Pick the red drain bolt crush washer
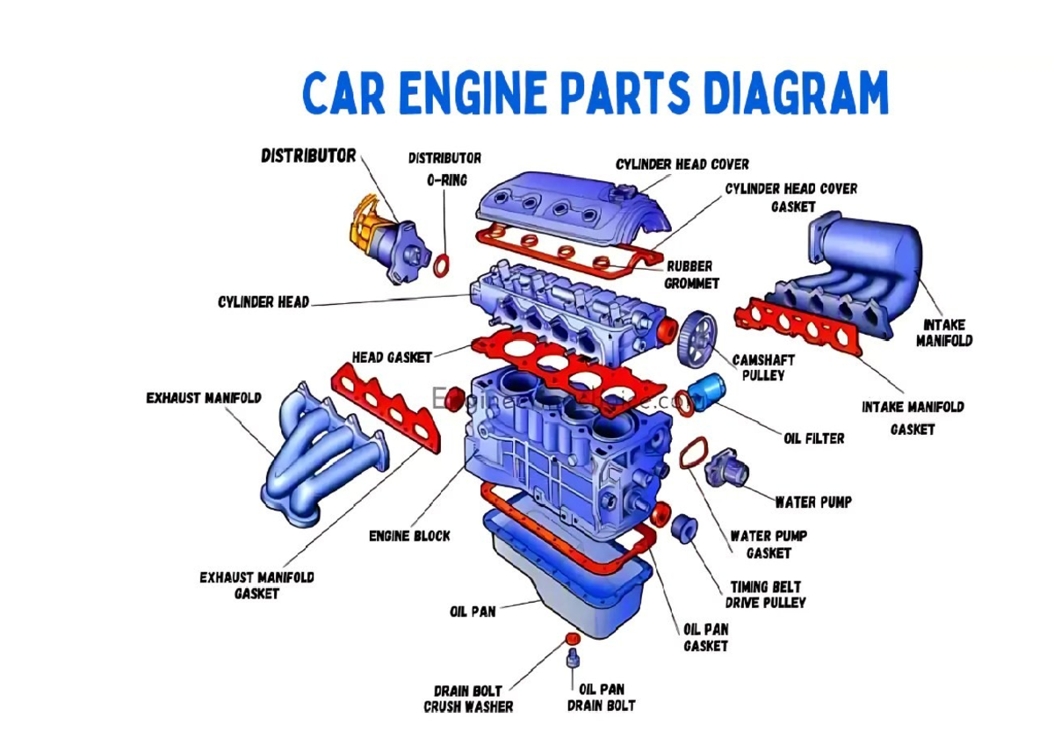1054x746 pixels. click(x=571, y=637)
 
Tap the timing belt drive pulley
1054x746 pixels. click(x=683, y=528)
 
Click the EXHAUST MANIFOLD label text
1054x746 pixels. click(x=204, y=398)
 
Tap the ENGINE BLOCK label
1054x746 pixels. click(x=409, y=535)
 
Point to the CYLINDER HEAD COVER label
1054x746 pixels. click(x=682, y=164)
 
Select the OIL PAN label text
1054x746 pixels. click(x=473, y=612)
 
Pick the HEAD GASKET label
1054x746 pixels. click(x=392, y=358)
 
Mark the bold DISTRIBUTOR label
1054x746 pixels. click(x=308, y=156)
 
